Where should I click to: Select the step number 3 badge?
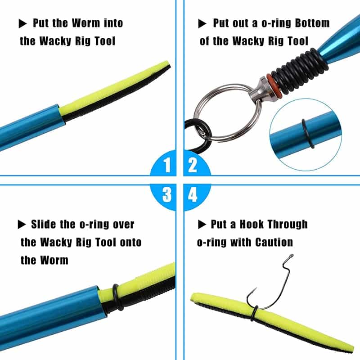(x=165, y=195)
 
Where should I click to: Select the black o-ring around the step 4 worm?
(x=254, y=313)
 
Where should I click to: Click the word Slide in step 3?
(x=43, y=224)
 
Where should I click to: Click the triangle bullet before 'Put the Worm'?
(x=22, y=24)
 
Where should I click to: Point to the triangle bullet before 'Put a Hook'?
(x=202, y=224)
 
